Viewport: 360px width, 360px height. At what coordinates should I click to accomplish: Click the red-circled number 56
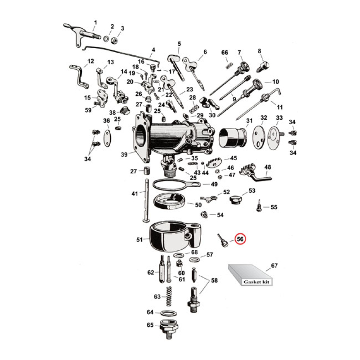pyautogui.click(x=240, y=239)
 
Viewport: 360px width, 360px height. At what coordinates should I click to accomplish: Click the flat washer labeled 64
pyautogui.click(x=168, y=313)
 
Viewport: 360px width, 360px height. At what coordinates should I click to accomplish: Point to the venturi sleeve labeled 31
pyautogui.click(x=232, y=136)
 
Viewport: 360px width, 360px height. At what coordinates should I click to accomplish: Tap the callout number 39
pyautogui.click(x=124, y=154)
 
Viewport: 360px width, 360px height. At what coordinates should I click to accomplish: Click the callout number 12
pyautogui.click(x=90, y=61)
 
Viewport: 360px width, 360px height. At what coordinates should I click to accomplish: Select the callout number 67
pyautogui.click(x=274, y=265)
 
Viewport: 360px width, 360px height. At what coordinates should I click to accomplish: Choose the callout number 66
pyautogui.click(x=225, y=53)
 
